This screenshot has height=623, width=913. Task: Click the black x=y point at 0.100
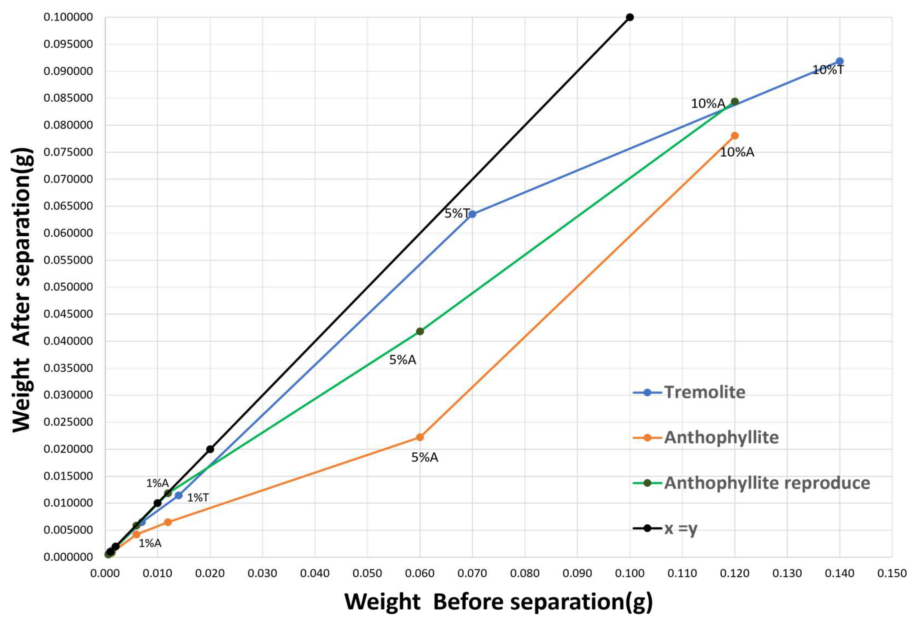630,17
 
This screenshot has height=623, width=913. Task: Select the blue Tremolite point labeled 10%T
839,61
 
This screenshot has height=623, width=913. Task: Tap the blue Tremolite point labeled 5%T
472,214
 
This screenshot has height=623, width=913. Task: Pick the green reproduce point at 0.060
420,331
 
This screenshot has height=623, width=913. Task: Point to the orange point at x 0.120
735,136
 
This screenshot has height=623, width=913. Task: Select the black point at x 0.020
210,449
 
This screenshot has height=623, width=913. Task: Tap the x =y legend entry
680,528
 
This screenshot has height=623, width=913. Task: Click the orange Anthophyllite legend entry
721,438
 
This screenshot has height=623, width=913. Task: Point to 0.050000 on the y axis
68,287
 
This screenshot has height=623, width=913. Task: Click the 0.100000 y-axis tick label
68,17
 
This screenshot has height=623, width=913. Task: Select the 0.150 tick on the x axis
892,573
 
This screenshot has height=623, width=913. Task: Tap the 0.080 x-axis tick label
525,573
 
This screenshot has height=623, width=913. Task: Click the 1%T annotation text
198,498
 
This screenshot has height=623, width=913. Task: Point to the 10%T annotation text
828,70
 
